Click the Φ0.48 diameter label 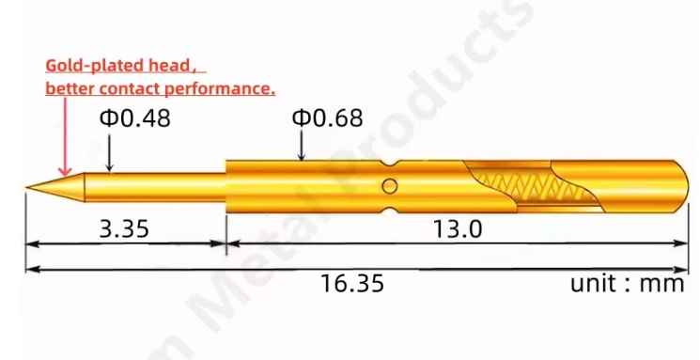pyautogui.click(x=134, y=117)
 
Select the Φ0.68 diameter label pyautogui.click(x=327, y=117)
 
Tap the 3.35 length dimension pyautogui.click(x=124, y=228)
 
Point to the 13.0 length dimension pyautogui.click(x=458, y=228)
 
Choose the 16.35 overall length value pyautogui.click(x=352, y=283)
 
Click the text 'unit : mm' pyautogui.click(x=628, y=283)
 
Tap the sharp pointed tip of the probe pyautogui.click(x=26, y=187)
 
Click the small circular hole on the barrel pyautogui.click(x=390, y=186)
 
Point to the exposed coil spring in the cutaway pyautogui.click(x=531, y=187)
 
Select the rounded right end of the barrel pyautogui.click(x=682, y=186)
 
